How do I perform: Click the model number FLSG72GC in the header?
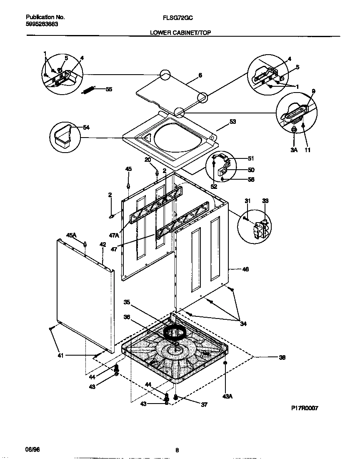(178, 18)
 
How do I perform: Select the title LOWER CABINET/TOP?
(180, 32)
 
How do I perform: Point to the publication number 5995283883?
(42, 24)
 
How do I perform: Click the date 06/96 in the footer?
(33, 449)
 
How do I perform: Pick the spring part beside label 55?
(89, 90)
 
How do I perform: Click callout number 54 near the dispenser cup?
(86, 128)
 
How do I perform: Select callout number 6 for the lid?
(200, 75)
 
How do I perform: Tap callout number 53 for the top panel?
(232, 122)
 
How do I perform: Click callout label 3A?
(295, 150)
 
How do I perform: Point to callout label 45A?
(72, 235)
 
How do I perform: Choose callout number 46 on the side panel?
(245, 270)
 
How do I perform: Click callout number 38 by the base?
(282, 357)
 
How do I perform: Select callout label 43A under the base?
(227, 396)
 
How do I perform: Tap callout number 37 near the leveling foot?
(204, 404)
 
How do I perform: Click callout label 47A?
(114, 236)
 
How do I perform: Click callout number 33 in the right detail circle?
(265, 201)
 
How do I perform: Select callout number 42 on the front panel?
(102, 244)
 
